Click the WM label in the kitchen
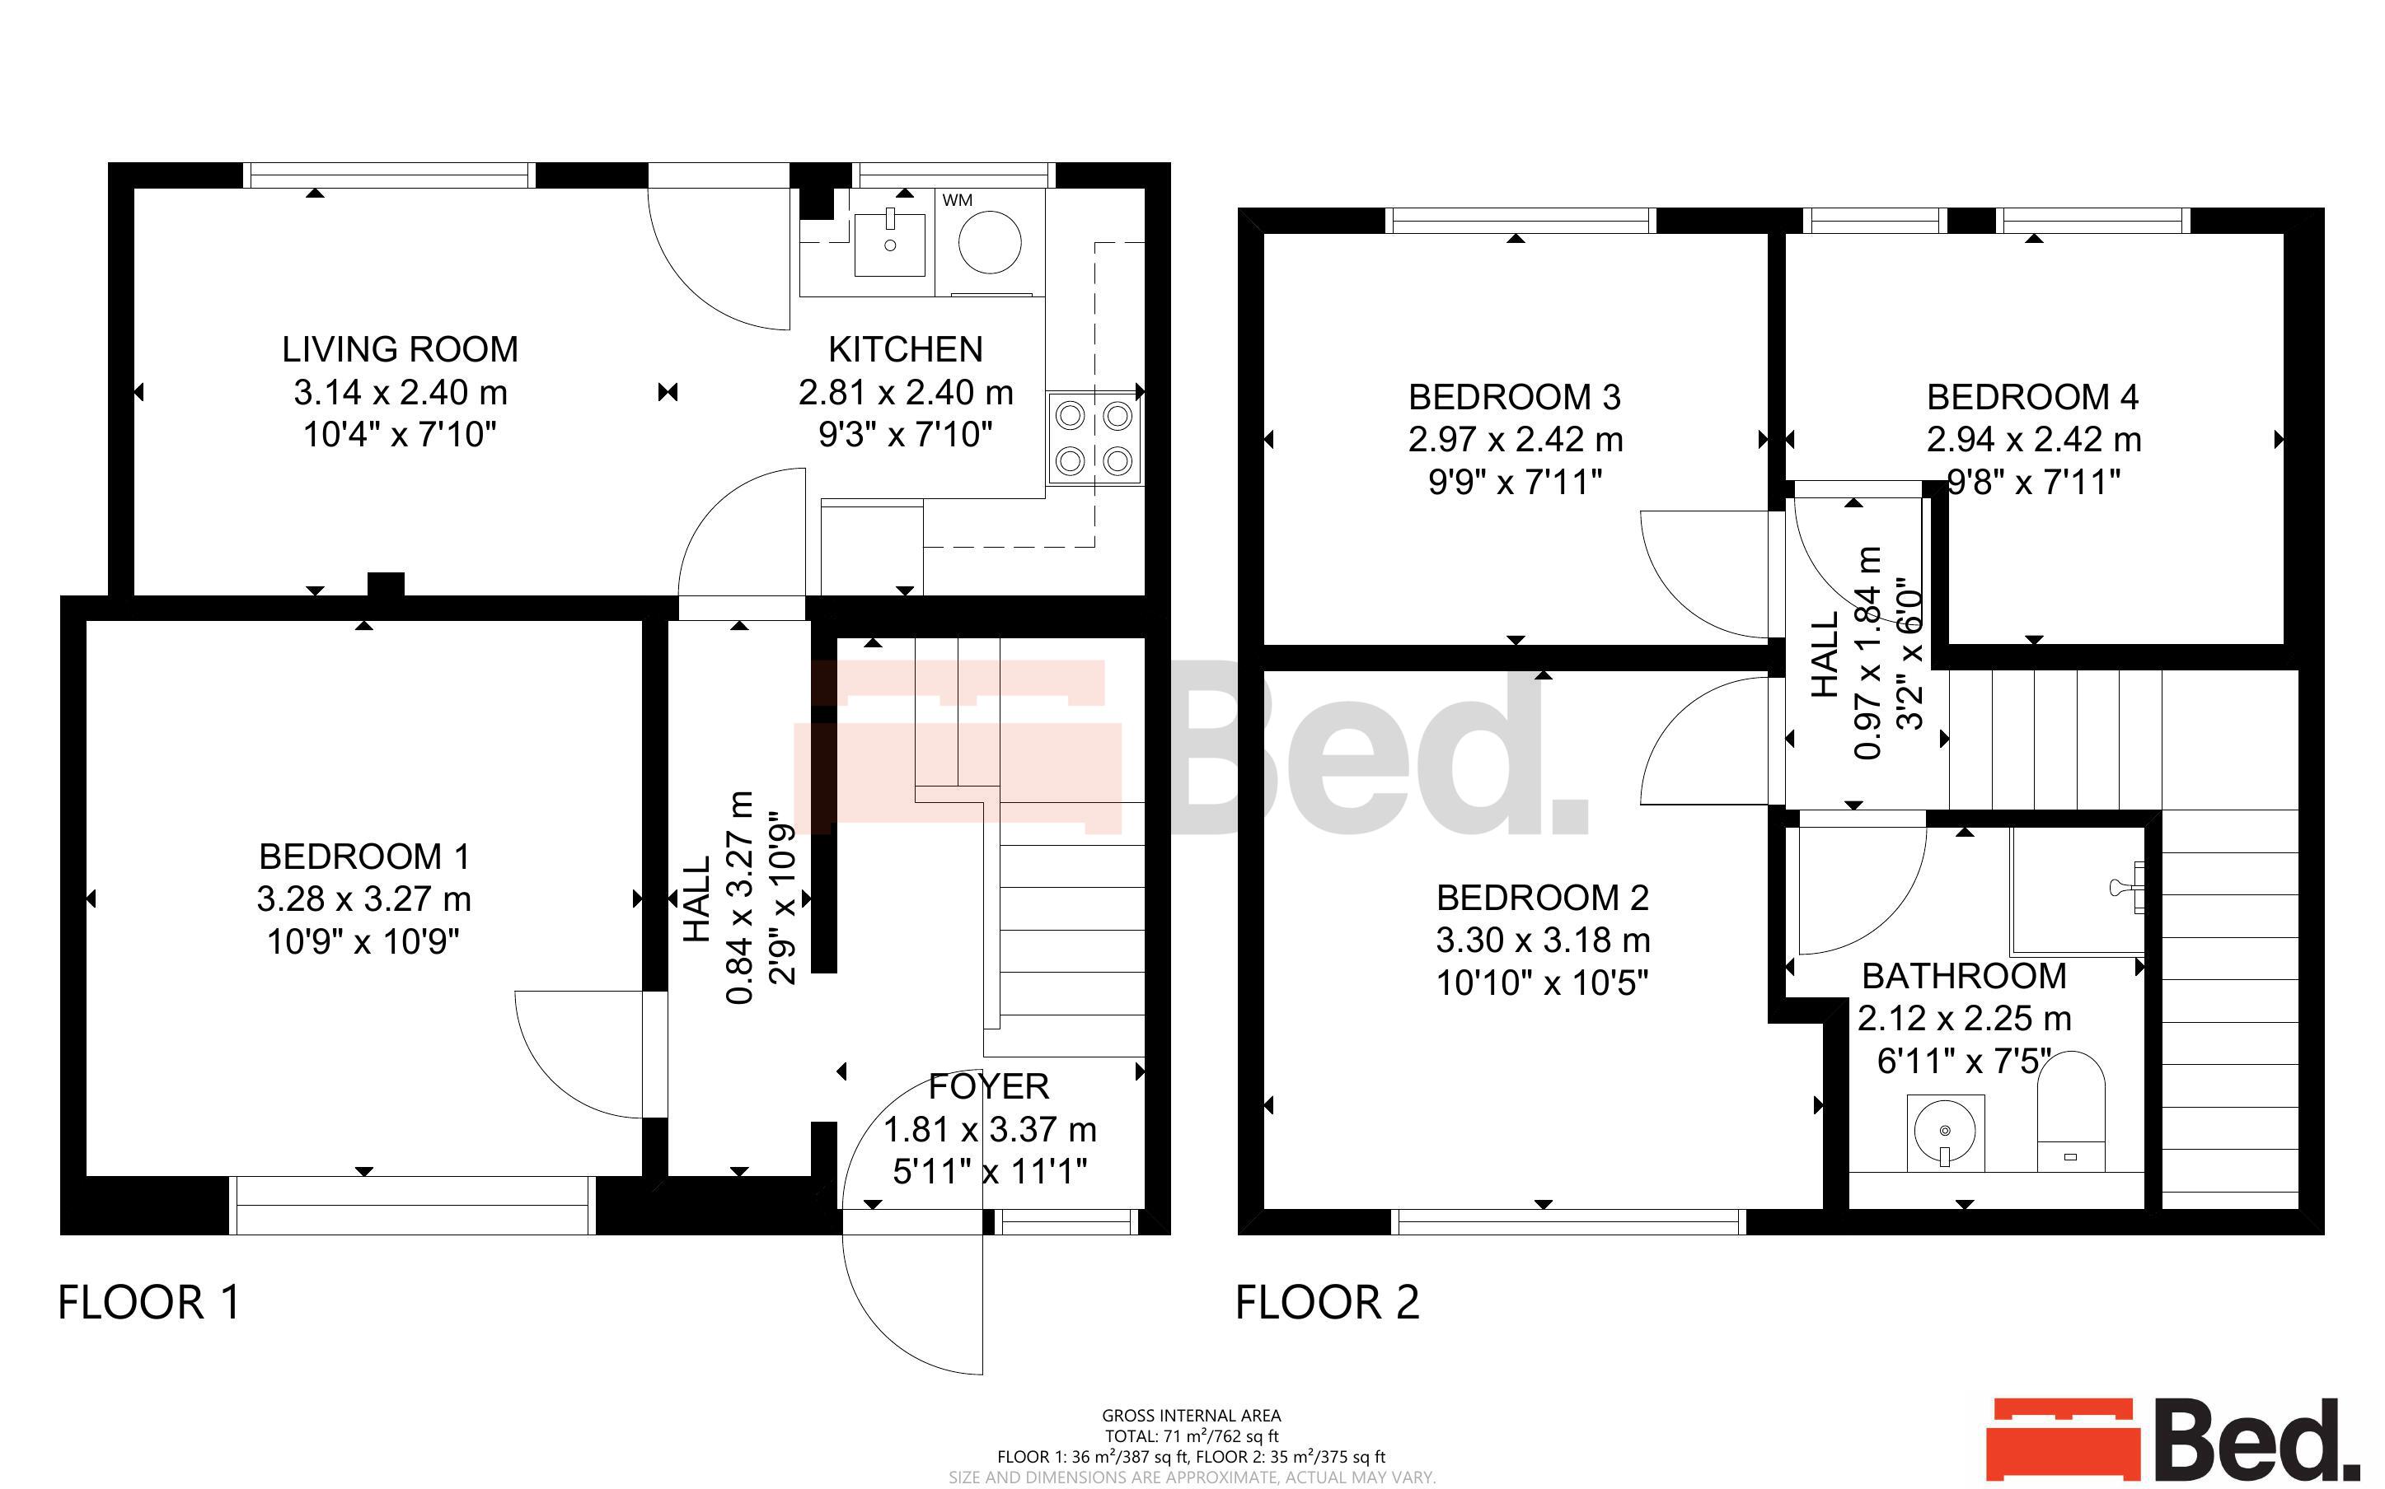point(957,201)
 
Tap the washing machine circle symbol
point(990,241)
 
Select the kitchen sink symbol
point(889,242)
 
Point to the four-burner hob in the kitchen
point(1094,438)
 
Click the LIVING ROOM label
point(400,349)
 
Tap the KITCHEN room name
point(906,349)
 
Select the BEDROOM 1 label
point(363,857)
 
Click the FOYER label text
point(989,1086)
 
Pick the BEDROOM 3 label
point(1514,397)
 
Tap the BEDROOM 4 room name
point(2032,397)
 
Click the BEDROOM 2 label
point(1542,897)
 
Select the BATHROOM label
point(1965,976)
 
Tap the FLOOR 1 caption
point(149,1303)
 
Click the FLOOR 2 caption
point(1327,1303)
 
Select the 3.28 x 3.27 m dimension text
point(363,899)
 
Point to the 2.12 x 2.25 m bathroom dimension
point(1965,1018)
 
